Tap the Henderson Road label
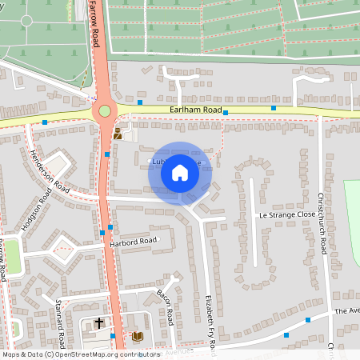[x=50, y=170]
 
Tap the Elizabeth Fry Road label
[x=210, y=316]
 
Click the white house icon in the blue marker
[x=180, y=172]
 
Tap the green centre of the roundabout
[x=105, y=113]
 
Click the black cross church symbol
[x=99, y=324]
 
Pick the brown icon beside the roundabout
[x=118, y=134]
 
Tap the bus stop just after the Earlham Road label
[x=226, y=113]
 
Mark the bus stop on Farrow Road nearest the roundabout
[x=107, y=154]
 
